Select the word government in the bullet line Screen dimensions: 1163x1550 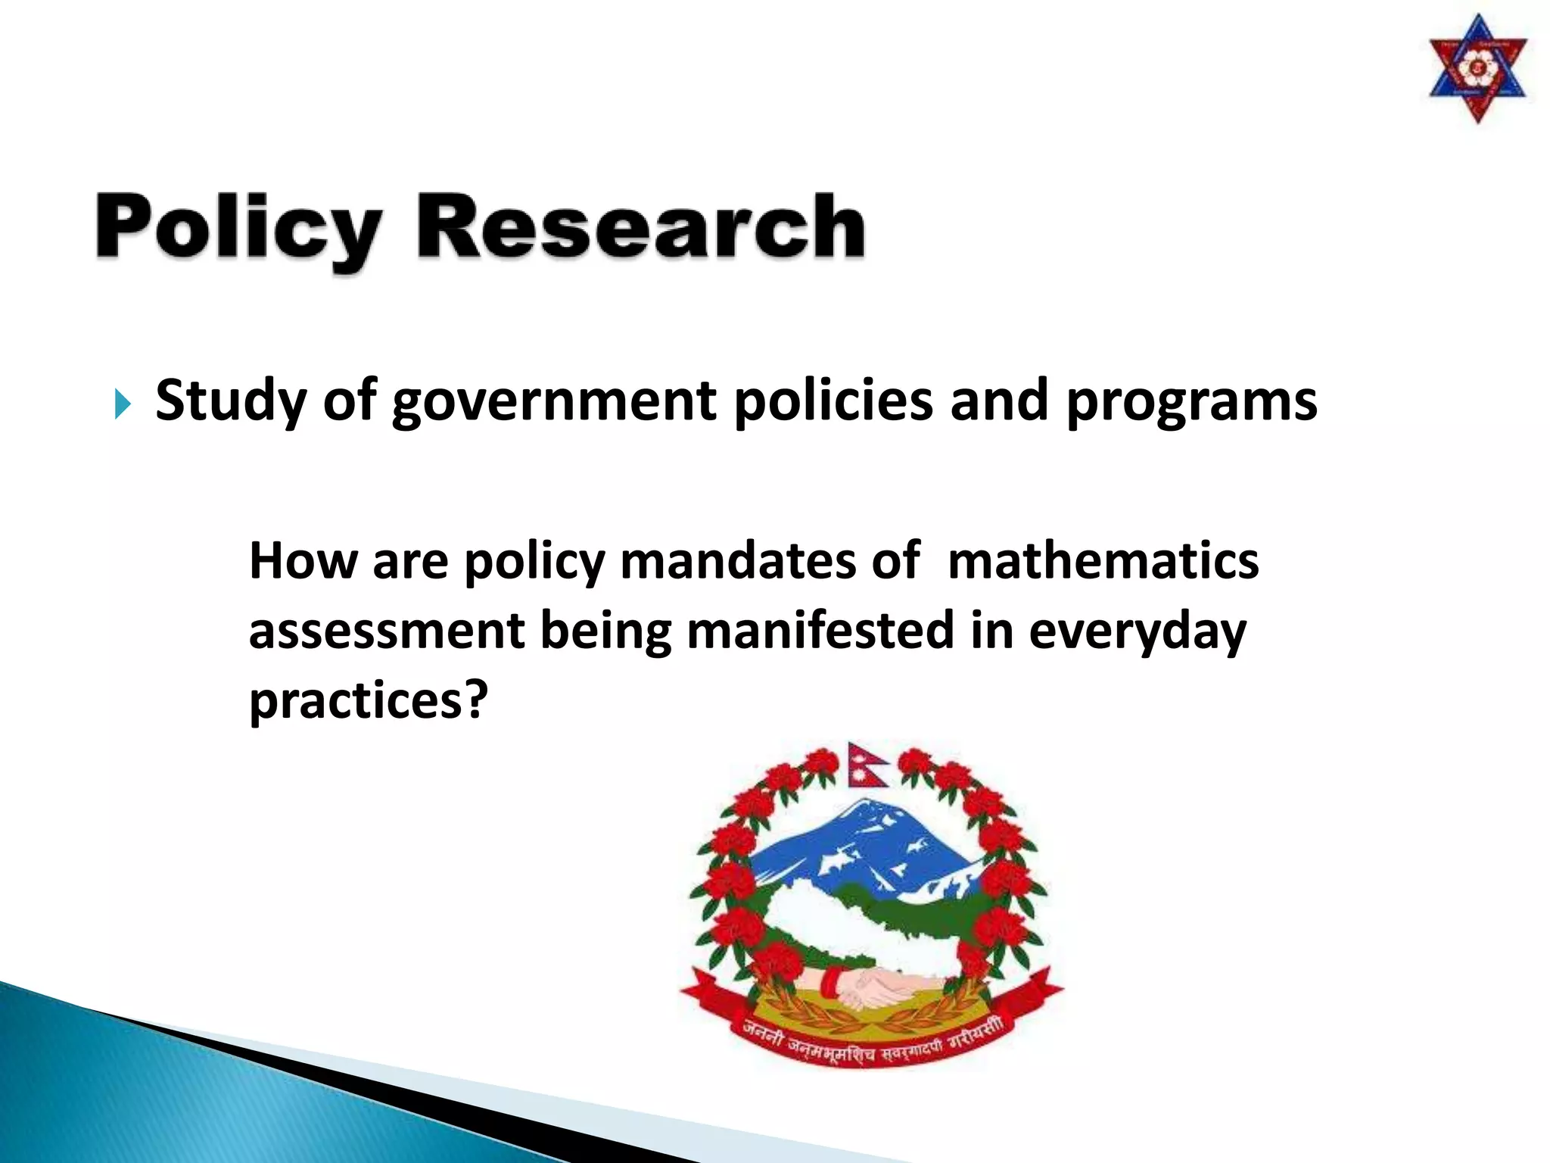pos(554,402)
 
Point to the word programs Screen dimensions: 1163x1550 pos(1191,402)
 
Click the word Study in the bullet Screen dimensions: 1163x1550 pos(230,402)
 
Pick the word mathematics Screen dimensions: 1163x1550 pos(1103,561)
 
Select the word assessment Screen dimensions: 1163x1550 pos(387,631)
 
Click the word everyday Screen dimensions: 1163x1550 pos(1137,633)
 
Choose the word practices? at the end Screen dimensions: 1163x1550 pos(369,701)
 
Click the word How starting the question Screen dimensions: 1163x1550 pos(302,561)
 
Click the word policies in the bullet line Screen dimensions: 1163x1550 pos(833,402)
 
